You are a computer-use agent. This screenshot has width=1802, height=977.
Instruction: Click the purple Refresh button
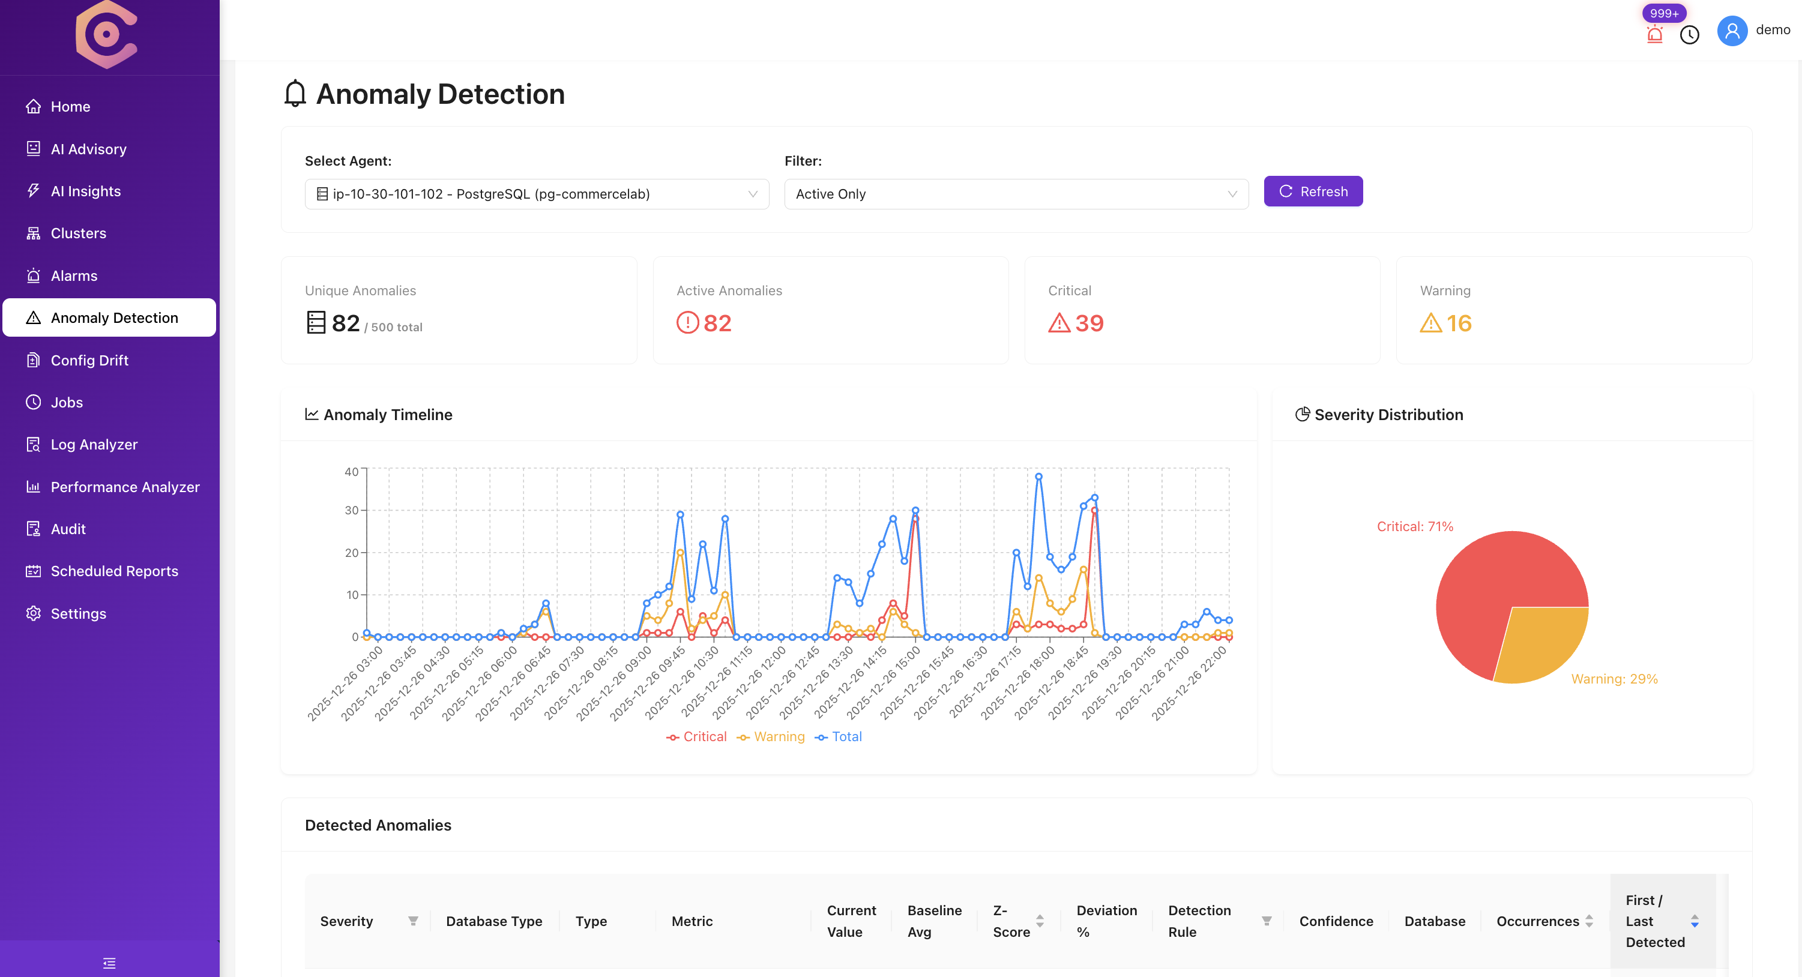tap(1312, 191)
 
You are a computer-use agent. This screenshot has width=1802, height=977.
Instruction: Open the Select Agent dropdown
tap(536, 194)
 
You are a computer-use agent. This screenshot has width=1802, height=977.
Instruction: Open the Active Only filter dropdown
tap(1015, 194)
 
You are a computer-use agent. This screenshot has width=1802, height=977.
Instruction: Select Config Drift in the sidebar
tap(89, 360)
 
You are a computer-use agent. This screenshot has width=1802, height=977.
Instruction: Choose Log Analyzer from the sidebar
tap(94, 444)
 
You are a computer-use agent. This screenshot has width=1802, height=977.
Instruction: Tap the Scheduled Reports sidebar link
tap(114, 571)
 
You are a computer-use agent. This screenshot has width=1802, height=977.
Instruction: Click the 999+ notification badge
tap(1663, 13)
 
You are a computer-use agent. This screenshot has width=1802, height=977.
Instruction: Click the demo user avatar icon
tap(1731, 31)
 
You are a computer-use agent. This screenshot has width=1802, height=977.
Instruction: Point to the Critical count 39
tap(1088, 323)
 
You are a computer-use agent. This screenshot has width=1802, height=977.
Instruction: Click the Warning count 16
tap(1459, 323)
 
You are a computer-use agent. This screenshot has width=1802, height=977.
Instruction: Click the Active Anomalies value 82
tap(717, 323)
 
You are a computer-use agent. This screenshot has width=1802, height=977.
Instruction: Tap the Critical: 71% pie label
tap(1414, 526)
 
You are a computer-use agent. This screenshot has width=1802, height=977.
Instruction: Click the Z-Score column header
tap(1011, 921)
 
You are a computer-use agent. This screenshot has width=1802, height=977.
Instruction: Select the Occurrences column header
tap(1537, 921)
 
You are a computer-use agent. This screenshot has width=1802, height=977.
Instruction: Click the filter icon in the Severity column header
tap(413, 921)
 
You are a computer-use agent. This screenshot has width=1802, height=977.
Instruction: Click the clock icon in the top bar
tap(1689, 35)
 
